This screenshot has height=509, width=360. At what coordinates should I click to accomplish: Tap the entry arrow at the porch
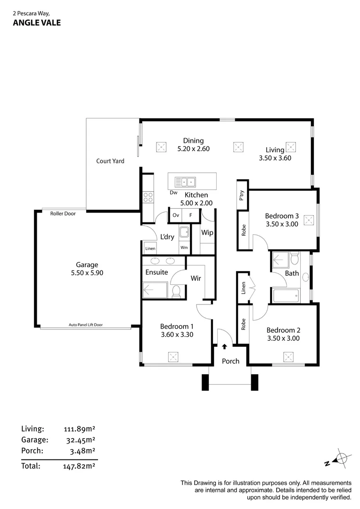pos(224,346)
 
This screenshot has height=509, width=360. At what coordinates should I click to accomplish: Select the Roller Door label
pos(63,213)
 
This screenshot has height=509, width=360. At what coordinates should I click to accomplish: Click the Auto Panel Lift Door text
pos(85,325)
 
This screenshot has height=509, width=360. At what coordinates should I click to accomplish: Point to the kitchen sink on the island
pos(185,181)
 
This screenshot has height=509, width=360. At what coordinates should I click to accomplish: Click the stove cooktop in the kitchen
pos(148,196)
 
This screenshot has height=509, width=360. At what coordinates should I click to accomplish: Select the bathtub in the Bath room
pos(286,296)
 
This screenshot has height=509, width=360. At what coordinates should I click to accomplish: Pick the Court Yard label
pos(110,161)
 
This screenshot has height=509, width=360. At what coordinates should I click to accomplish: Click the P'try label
pos(242,195)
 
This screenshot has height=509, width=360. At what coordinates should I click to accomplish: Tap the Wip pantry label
pos(207,233)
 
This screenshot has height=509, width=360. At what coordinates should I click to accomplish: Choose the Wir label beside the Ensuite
pos(196,279)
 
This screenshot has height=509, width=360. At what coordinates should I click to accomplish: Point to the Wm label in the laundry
pos(183,248)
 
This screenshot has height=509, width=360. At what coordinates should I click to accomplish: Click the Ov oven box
pos(176,215)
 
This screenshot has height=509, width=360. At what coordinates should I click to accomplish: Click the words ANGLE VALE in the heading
pos(37,22)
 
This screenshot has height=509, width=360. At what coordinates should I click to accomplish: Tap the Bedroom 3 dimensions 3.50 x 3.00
pos(282,224)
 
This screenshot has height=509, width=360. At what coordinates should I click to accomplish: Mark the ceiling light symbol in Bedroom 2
pos(288,357)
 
